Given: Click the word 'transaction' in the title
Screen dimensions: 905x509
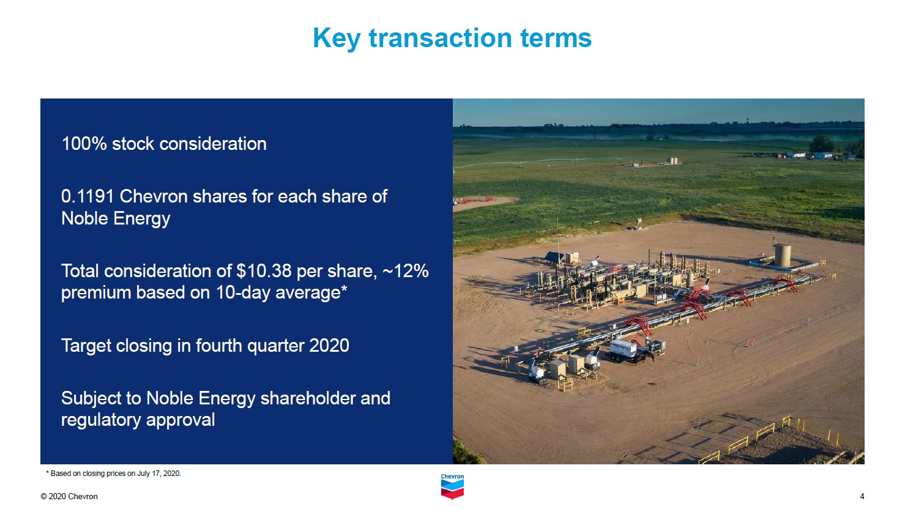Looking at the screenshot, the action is (441, 38).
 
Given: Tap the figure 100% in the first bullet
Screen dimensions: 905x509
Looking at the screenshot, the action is (84, 144).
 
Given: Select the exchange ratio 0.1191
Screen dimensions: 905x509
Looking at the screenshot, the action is (88, 196).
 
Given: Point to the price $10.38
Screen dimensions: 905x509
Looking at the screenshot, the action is (264, 270).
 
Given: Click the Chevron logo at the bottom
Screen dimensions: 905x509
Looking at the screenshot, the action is (452, 486).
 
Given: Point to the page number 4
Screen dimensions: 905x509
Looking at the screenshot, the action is (862, 497).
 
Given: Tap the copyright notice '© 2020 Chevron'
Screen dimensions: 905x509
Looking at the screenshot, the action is (69, 497).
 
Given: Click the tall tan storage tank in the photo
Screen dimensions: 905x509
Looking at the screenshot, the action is (782, 254).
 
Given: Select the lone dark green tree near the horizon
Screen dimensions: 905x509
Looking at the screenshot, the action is (821, 144).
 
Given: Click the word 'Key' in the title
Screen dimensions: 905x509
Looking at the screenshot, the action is (336, 39).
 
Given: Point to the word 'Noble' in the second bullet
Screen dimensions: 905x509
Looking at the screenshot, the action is (84, 218).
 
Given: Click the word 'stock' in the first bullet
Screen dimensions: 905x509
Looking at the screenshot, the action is (132, 144).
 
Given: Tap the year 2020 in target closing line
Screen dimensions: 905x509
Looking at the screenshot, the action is (329, 346).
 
